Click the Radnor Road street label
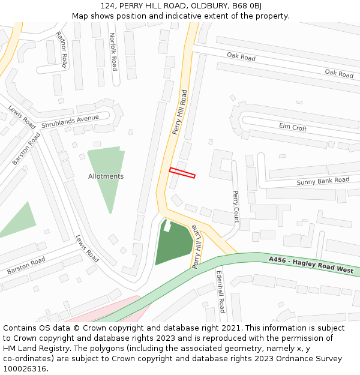click(61, 49)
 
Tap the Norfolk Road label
click(113, 52)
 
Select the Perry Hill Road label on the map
click(180, 112)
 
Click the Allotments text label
click(106, 176)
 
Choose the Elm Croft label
click(293, 127)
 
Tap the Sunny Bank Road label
click(323, 181)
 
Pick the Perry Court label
click(235, 206)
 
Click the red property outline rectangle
click(182, 173)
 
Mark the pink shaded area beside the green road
click(114, 312)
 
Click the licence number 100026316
click(26, 368)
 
